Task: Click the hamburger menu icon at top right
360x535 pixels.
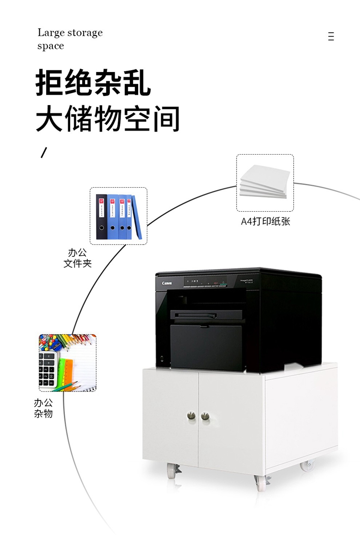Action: (331, 36)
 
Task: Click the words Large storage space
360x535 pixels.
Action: (70, 39)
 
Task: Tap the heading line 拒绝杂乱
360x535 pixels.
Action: (94, 83)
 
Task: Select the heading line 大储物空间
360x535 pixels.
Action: (108, 119)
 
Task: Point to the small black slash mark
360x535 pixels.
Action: (44, 153)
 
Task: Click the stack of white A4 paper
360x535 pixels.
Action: (264, 182)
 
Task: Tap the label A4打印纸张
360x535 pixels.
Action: (265, 221)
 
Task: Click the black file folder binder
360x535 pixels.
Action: (101, 216)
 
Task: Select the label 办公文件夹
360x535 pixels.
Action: (77, 258)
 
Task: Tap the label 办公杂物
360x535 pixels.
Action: (43, 408)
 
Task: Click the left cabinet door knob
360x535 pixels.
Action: (192, 416)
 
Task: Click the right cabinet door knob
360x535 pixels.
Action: (205, 416)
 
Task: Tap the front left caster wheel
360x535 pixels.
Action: (172, 471)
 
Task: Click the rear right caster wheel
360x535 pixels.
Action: (306, 465)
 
